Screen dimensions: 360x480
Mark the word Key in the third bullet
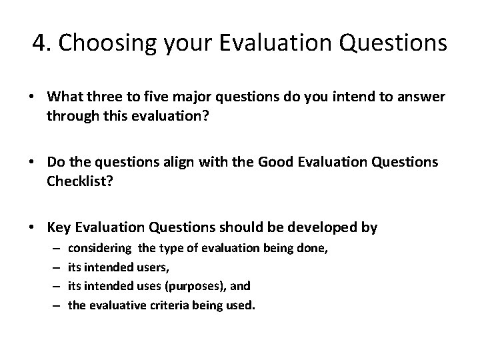click(x=57, y=228)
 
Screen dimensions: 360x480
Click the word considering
click(x=100, y=248)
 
